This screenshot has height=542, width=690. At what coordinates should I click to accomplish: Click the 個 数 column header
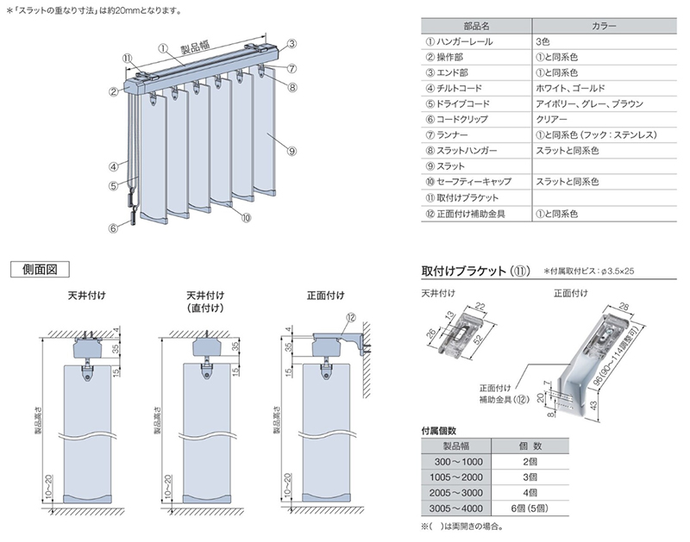click(x=530, y=446)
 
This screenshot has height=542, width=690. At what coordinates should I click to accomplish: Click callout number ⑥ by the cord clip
click(x=113, y=228)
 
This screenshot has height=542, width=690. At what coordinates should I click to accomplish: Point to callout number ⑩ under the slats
click(x=246, y=218)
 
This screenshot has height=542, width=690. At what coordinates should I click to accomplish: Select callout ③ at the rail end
click(x=292, y=43)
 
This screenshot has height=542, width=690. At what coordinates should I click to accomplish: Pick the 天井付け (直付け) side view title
click(x=206, y=302)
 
